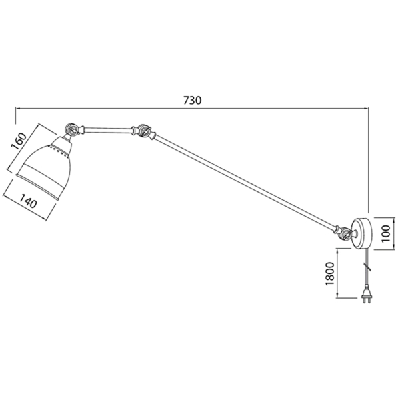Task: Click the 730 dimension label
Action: tap(193, 100)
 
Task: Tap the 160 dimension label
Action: tap(19, 141)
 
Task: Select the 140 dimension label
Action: tap(28, 201)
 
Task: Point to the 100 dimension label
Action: tap(387, 234)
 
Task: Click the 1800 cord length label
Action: tap(330, 274)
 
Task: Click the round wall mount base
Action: tap(361, 233)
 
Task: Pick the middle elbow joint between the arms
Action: tap(143, 131)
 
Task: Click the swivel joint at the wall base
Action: tap(345, 233)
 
